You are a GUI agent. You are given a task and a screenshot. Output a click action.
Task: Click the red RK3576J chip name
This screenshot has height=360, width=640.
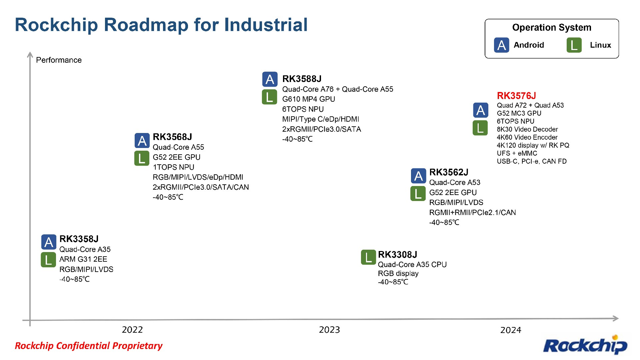point(516,96)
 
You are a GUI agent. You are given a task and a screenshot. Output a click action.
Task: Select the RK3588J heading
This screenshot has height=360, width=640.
point(302,79)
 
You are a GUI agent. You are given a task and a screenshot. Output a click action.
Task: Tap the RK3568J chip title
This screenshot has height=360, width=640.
point(172,137)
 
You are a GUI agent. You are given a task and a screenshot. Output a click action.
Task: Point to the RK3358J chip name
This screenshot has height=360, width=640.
point(79,239)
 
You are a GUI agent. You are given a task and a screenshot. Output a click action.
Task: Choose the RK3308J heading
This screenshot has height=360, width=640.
point(397,255)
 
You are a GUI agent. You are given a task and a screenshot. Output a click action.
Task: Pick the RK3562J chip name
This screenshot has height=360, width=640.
point(449,172)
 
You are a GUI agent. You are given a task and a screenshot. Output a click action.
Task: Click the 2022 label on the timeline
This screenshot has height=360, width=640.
point(132,330)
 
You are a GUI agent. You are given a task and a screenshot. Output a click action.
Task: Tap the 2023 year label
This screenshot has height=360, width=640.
point(329,330)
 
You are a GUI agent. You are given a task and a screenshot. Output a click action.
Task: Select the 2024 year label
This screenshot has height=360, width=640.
point(511,330)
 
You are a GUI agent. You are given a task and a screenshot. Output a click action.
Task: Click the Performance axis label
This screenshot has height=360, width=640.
point(59,60)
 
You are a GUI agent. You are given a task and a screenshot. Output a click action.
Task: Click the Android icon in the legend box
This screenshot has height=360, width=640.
point(501,45)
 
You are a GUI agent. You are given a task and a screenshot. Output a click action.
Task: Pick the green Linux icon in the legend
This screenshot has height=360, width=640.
point(574,45)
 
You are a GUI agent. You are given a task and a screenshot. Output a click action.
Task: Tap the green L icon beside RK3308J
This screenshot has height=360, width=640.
point(368,257)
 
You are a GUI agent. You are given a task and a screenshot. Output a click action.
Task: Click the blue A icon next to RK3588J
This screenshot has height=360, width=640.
point(270,79)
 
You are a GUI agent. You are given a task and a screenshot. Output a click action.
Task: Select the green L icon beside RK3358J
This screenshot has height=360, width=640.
point(48,260)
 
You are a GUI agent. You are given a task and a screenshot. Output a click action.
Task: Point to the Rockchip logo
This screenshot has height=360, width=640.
point(585,345)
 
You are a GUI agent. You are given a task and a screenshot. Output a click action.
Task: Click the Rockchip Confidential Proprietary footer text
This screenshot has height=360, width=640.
point(89,346)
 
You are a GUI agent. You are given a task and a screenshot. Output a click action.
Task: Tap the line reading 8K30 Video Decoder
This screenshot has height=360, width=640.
point(527,129)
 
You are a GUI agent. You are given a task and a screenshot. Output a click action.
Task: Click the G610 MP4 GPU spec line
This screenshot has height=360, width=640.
point(308,99)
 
